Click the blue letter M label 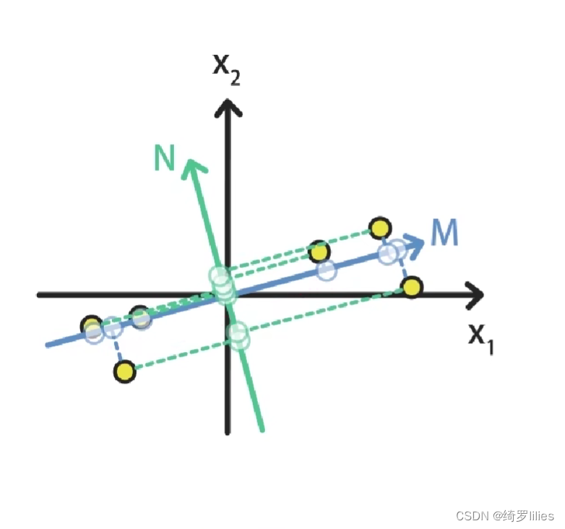[444, 233]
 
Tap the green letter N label [165, 158]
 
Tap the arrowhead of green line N [192, 165]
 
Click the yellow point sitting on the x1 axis [412, 288]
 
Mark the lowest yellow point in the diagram [125, 372]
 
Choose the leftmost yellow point [91, 324]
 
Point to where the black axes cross [228, 294]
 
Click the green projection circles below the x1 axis [238, 336]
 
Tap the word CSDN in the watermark [472, 516]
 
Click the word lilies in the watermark [539, 516]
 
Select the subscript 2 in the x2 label [235, 76]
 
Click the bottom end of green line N [262, 430]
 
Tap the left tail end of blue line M [48, 345]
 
